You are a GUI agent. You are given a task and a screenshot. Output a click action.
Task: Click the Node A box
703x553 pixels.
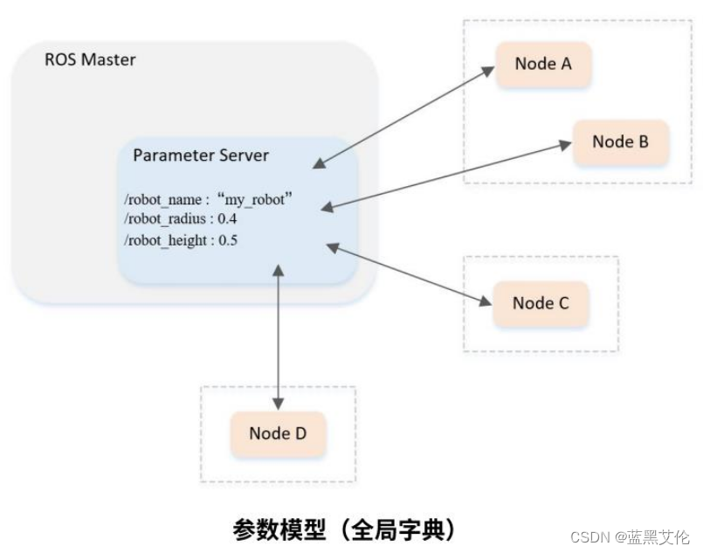(x=542, y=63)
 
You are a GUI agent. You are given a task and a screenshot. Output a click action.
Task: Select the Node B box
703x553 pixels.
(x=620, y=141)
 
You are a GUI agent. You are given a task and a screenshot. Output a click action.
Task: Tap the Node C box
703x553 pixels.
(x=541, y=303)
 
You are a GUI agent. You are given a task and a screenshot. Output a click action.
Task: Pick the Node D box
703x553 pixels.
(x=277, y=433)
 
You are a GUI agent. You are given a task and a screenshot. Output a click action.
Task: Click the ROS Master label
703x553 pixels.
(x=90, y=61)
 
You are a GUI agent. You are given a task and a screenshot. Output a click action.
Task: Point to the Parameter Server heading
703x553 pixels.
(x=201, y=156)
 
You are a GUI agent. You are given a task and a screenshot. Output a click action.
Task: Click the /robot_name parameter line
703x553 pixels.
(x=207, y=199)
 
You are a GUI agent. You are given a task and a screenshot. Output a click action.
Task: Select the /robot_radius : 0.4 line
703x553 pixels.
(x=181, y=218)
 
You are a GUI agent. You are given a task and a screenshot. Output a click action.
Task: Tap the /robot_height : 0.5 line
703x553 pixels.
(x=181, y=239)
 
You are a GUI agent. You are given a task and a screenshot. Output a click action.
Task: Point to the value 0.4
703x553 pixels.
(x=227, y=218)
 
